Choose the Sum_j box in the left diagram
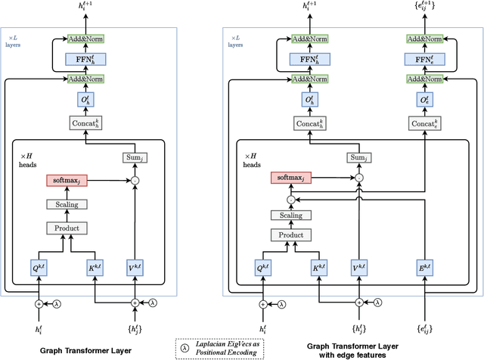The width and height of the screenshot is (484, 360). [x=135, y=157]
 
